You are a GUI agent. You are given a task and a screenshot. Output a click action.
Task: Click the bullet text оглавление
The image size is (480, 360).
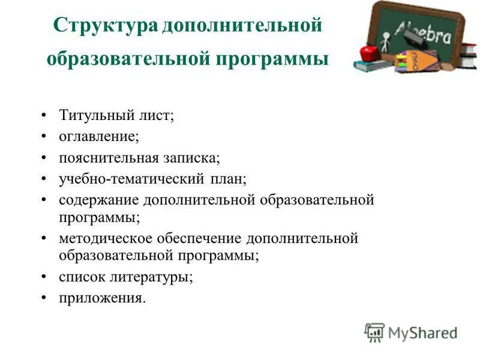click(x=98, y=137)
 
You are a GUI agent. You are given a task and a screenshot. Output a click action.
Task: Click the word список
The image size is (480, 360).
click(x=80, y=277)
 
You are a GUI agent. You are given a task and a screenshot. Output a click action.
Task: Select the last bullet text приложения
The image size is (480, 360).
click(x=101, y=298)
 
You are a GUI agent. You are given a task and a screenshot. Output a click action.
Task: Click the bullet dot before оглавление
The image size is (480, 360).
click(x=44, y=137)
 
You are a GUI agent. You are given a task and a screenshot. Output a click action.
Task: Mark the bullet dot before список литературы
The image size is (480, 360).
click(x=44, y=277)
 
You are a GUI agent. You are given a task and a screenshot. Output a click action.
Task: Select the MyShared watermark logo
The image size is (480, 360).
click(x=411, y=332)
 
